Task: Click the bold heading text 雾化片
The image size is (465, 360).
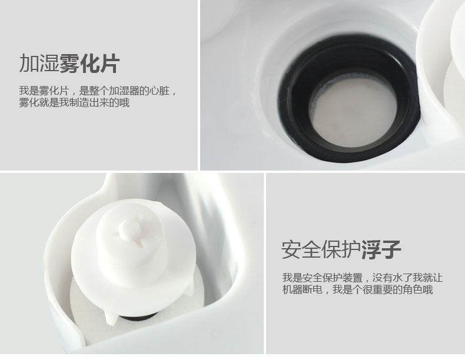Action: [x=89, y=64]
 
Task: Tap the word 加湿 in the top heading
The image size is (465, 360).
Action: [x=39, y=64]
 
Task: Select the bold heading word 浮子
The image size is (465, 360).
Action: [x=381, y=250]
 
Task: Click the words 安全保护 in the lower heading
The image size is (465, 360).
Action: [x=321, y=250]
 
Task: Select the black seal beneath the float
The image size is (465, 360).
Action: [x=137, y=318]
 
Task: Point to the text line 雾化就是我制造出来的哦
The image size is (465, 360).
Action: [x=74, y=102]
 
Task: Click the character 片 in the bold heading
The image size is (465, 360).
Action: [x=109, y=64]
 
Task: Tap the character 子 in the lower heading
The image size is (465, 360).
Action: [x=391, y=250]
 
